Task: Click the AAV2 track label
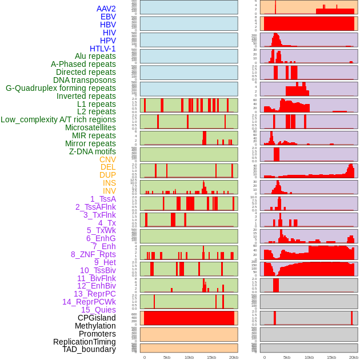[106, 9]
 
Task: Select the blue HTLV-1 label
[102, 49]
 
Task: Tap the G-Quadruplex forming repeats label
[61, 88]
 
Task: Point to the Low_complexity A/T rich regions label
[58, 119]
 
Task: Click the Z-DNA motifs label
[92, 151]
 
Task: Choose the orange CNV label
[107, 159]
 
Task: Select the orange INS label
[109, 183]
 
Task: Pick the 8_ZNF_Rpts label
[93, 254]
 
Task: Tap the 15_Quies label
[98, 310]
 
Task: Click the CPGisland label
[97, 318]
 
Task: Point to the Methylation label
[95, 326]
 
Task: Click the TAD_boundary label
[89, 349]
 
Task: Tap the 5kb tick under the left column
[167, 357]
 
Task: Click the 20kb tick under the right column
[354, 357]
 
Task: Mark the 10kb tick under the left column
[189, 357]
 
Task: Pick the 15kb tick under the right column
[331, 357]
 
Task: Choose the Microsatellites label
[90, 127]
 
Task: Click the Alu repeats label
[95, 56]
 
